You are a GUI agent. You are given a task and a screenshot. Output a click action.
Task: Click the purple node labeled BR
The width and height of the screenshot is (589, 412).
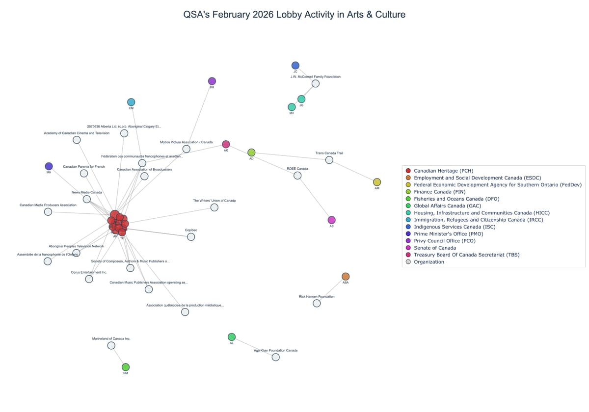pyautogui.click(x=212, y=81)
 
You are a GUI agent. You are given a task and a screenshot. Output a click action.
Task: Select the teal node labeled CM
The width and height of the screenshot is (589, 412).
pyautogui.click(x=131, y=102)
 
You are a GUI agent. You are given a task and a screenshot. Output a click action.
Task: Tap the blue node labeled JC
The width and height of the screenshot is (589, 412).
pyautogui.click(x=295, y=65)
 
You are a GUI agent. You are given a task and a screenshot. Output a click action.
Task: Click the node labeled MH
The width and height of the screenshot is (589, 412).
pyautogui.click(x=49, y=166)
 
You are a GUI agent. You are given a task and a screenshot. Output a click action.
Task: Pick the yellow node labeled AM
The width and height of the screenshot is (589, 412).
pyautogui.click(x=377, y=182)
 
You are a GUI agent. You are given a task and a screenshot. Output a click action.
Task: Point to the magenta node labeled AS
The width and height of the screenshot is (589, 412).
pyautogui.click(x=331, y=220)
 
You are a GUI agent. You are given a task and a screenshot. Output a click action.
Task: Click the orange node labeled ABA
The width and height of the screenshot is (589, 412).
pyautogui.click(x=346, y=277)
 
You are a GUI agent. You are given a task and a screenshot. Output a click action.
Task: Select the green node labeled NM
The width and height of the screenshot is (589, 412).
pyautogui.click(x=126, y=367)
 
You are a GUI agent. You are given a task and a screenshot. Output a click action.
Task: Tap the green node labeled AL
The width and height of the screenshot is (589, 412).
pyautogui.click(x=232, y=337)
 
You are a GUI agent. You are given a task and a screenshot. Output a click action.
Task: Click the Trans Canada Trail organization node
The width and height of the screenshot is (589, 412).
pyautogui.click(x=329, y=160)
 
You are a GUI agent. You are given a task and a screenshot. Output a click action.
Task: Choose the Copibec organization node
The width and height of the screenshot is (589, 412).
pyautogui.click(x=191, y=237)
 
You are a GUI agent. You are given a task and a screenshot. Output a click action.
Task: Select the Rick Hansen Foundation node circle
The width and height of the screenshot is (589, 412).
pyautogui.click(x=317, y=303)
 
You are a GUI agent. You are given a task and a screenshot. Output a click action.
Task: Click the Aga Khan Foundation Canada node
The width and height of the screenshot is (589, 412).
pyautogui.click(x=276, y=357)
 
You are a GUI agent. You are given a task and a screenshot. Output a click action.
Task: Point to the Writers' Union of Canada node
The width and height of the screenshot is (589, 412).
pyautogui.click(x=214, y=207)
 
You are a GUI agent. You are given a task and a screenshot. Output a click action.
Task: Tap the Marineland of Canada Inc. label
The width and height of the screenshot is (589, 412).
pyautogui.click(x=111, y=338)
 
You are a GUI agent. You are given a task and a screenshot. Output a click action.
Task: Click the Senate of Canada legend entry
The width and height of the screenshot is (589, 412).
pyautogui.click(x=434, y=248)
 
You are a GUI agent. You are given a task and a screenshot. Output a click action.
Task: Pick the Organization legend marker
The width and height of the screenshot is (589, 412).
pyautogui.click(x=408, y=262)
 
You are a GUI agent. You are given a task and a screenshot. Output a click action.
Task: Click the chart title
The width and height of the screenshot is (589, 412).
pyautogui.click(x=294, y=15)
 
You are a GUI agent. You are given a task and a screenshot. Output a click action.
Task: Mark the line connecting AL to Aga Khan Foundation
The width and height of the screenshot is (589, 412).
pyautogui.click(x=254, y=347)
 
